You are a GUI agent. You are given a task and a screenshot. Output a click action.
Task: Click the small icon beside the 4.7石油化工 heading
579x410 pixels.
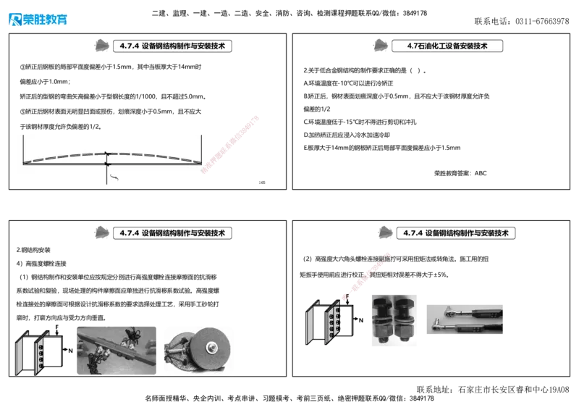[380, 46]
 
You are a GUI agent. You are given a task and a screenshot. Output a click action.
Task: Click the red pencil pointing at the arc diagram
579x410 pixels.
[232, 141]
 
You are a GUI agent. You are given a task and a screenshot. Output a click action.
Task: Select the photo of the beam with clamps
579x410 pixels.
[115, 348]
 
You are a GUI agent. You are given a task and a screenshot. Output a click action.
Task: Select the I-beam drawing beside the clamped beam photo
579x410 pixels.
[36, 353]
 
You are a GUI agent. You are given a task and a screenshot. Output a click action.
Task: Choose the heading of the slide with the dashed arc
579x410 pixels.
[172, 45]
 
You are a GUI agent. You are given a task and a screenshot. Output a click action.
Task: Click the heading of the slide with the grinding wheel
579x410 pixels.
[172, 233]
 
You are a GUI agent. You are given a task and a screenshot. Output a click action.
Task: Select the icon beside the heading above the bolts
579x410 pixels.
[385, 232]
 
